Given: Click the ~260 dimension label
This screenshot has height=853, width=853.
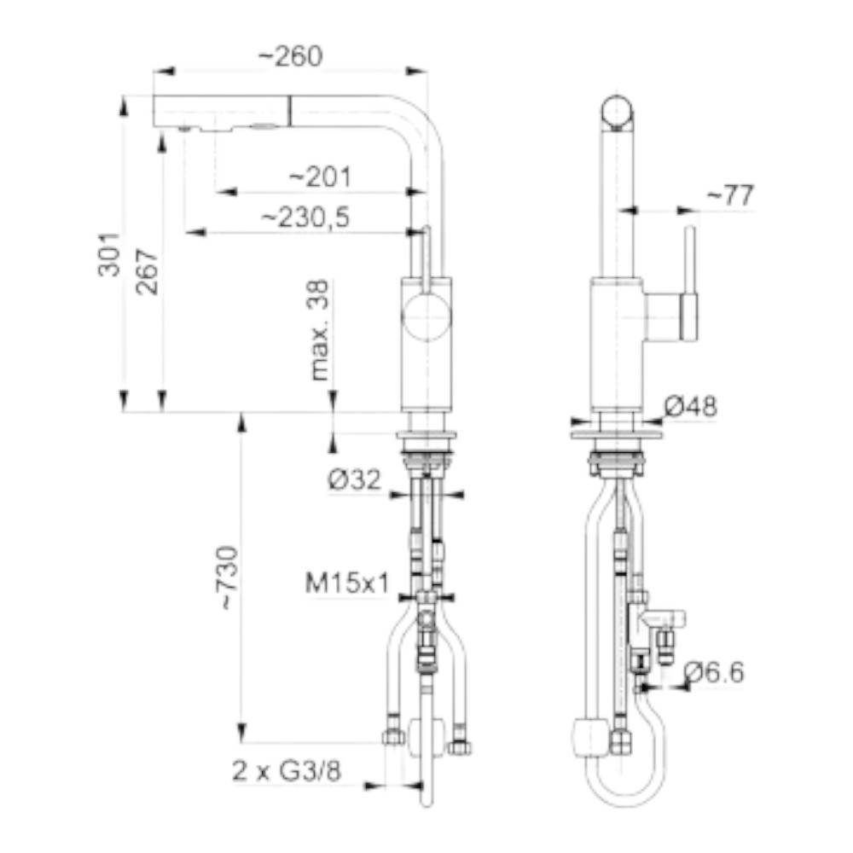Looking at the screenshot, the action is pos(290,56).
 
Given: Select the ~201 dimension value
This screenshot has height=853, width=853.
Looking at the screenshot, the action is pos(320,177).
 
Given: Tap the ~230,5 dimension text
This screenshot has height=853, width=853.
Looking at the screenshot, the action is pos(305,218).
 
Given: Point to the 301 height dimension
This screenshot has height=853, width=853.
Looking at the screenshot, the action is pos(109,254).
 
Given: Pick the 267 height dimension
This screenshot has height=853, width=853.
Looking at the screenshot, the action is pos(147,271).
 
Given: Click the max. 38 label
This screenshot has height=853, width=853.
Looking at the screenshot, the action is pos(319,330).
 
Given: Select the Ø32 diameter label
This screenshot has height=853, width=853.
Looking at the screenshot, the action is pos(355,479).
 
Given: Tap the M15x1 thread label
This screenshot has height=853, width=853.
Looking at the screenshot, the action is pos(347,583).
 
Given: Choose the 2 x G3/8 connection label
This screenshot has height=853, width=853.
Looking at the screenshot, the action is pos(287,770).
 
